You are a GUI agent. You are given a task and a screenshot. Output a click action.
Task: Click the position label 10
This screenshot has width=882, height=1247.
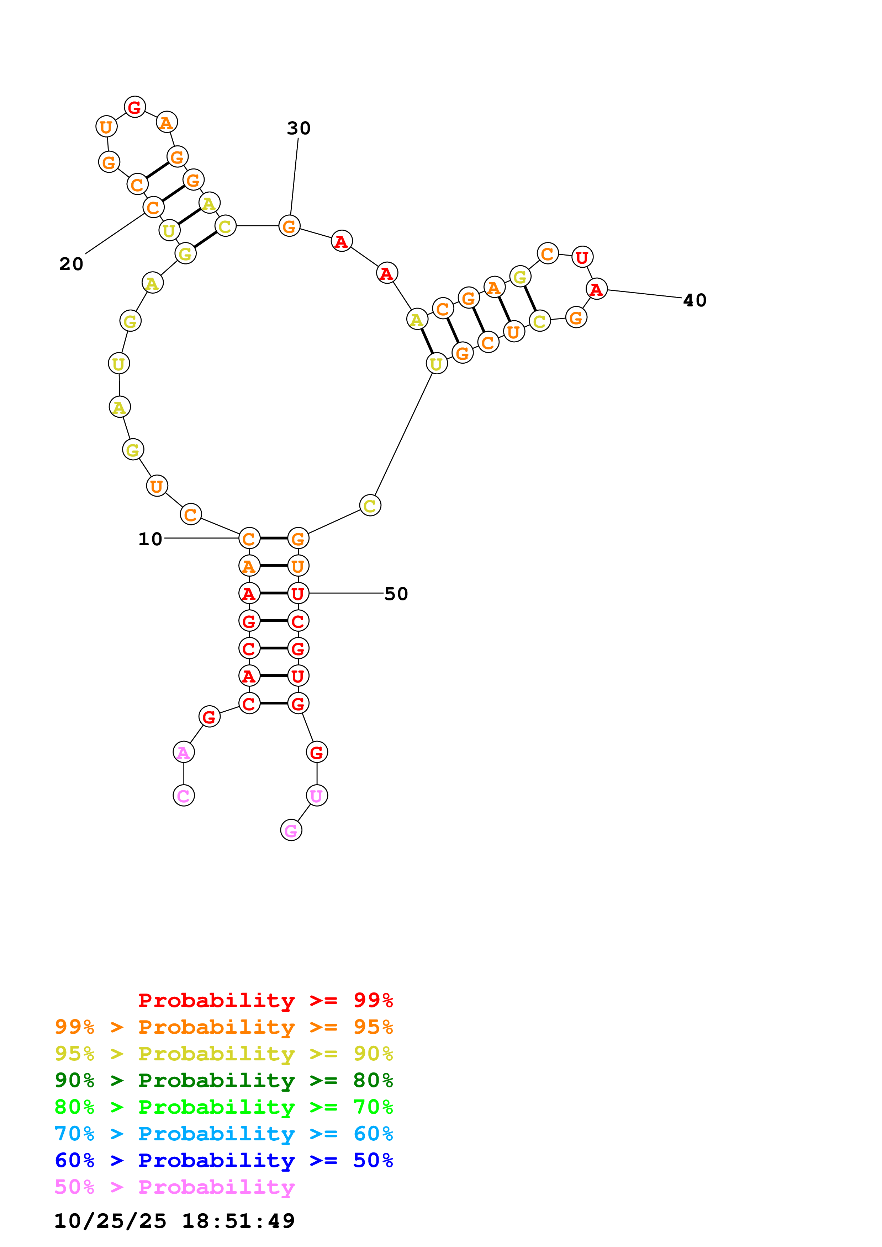point(150,539)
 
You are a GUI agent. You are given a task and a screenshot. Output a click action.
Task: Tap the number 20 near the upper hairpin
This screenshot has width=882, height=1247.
point(71,264)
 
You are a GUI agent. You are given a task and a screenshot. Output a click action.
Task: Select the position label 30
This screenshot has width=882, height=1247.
point(299,128)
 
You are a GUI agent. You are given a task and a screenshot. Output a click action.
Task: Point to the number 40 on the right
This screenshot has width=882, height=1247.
point(694,300)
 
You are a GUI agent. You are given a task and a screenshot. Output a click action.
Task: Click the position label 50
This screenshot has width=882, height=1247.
point(396,594)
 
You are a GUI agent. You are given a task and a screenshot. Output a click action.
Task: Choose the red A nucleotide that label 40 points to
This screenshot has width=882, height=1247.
point(597,289)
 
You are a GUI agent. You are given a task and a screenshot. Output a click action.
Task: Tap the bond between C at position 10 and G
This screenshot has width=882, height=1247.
point(273,538)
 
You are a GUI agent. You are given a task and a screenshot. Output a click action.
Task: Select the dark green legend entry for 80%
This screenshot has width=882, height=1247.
point(224,1080)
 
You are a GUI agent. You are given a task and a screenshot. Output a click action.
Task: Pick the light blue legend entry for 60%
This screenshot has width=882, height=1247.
point(224,1134)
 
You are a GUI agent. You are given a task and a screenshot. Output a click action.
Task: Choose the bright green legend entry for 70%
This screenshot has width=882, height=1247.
point(224,1107)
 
